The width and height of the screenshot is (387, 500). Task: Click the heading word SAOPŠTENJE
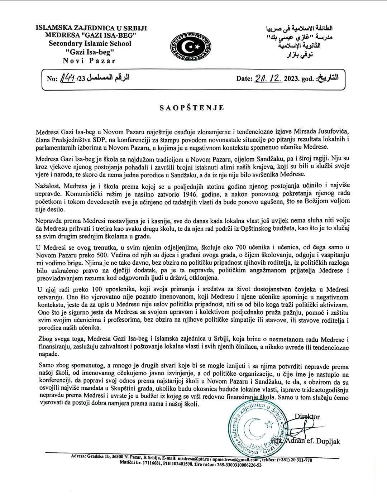tap(192, 107)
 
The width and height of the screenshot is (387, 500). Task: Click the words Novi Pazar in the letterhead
tap(89, 61)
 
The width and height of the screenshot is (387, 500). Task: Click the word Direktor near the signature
tap(307, 417)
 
